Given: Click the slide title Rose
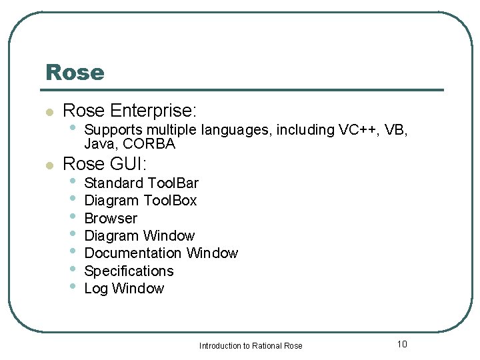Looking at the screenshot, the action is pyautogui.click(x=75, y=72).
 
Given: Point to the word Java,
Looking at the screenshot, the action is pyautogui.click(x=98, y=144).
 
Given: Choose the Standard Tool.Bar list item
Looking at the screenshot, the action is pyautogui.click(x=141, y=183).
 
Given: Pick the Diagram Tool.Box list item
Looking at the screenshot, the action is pyautogui.click(x=141, y=201).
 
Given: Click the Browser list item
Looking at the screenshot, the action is pyautogui.click(x=111, y=218).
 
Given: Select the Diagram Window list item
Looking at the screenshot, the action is pyautogui.click(x=139, y=235).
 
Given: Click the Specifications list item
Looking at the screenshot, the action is pyautogui.click(x=129, y=271).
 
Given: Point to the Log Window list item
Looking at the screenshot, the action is pyautogui.click(x=124, y=289).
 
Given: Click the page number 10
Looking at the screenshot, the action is pyautogui.click(x=401, y=344).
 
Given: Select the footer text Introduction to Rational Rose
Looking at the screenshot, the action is pyautogui.click(x=251, y=345).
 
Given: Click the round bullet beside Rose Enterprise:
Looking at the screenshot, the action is pyautogui.click(x=48, y=112).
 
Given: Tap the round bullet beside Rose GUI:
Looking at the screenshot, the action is pyautogui.click(x=48, y=165).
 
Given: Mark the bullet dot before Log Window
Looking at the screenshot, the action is pyautogui.click(x=73, y=287).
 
